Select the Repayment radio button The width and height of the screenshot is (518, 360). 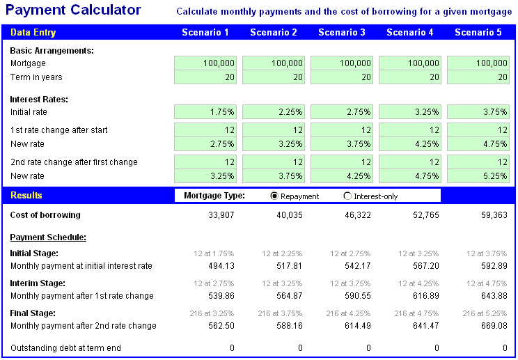click(274, 196)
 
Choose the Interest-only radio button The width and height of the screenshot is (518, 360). click(348, 196)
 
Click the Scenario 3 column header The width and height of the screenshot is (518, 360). click(342, 33)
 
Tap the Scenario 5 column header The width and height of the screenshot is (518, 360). click(478, 33)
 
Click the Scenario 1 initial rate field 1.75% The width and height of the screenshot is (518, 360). click(205, 111)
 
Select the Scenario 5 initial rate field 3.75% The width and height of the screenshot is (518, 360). click(478, 111)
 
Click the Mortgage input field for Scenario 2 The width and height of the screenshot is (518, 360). click(274, 63)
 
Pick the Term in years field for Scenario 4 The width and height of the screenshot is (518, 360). click(410, 77)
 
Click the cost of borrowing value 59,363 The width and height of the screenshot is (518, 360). click(494, 215)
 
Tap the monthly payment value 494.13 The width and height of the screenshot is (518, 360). click(221, 266)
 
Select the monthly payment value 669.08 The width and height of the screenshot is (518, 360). click(494, 326)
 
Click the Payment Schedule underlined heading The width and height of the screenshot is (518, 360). click(48, 237)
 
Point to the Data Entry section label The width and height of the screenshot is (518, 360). click(33, 33)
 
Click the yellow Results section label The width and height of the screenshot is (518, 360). click(26, 196)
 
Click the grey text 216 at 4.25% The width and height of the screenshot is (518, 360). click(347, 313)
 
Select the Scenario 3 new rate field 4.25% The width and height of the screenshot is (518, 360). click(342, 175)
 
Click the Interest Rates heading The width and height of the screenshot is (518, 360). click(39, 99)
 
